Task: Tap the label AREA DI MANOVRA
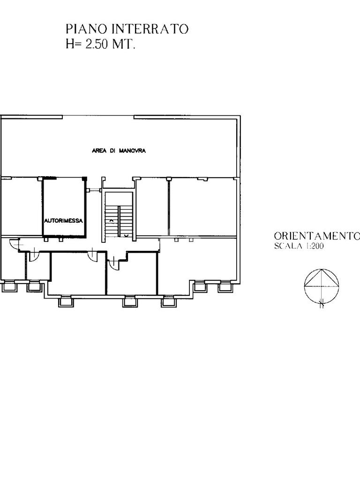[x=119, y=150]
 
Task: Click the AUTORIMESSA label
[x=63, y=221]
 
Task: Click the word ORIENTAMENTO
[x=317, y=236]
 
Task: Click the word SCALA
[x=287, y=246]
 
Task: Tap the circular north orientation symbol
[x=322, y=286]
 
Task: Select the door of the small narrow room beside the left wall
[x=34, y=256]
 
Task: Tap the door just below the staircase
[x=114, y=263]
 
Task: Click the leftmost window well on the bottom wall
[x=8, y=287]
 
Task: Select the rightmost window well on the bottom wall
[x=225, y=287]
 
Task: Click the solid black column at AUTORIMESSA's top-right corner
[x=84, y=179]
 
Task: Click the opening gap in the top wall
[x=98, y=116]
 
